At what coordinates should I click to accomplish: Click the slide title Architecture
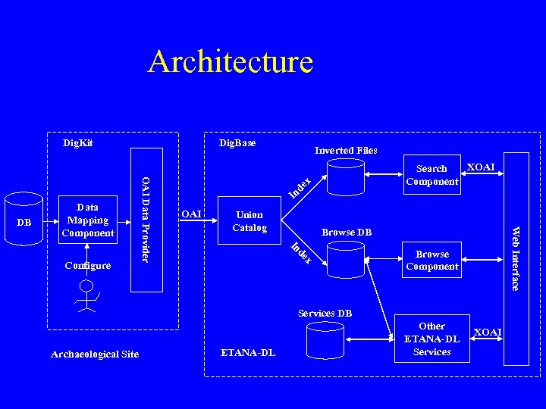tap(230, 61)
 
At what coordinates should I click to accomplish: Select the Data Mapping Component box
tap(89, 220)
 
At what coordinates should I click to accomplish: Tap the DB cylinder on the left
tap(24, 220)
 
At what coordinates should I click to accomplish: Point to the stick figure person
tap(87, 296)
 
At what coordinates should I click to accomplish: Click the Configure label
tap(88, 266)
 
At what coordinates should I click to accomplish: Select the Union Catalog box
tap(249, 221)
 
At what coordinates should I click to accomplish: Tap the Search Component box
tap(432, 175)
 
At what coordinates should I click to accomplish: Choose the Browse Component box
tap(432, 260)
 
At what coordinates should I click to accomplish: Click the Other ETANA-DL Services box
tap(432, 339)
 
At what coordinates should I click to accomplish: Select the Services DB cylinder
tap(325, 339)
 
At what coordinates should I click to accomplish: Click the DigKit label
tap(78, 142)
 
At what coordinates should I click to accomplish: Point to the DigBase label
tap(237, 142)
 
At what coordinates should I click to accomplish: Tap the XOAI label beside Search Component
tap(481, 167)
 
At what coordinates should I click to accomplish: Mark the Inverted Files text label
tap(346, 150)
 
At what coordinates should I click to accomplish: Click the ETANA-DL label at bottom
tap(248, 352)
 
